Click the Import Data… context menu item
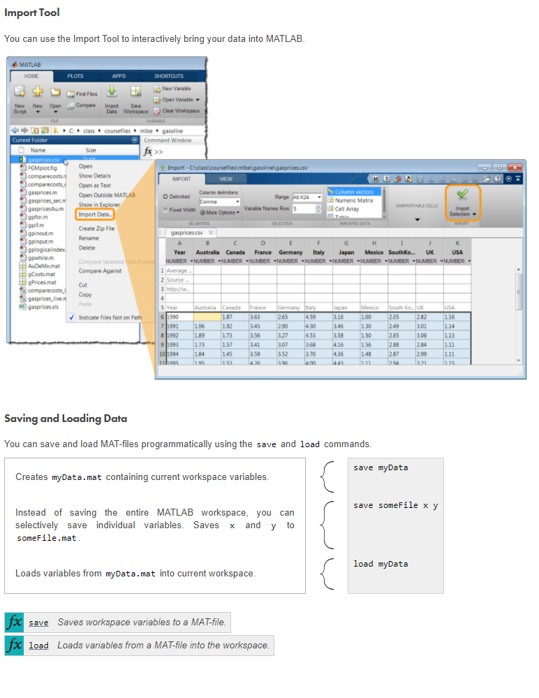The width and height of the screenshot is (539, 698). coord(94,215)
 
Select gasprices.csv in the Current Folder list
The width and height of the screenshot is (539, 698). coord(44,160)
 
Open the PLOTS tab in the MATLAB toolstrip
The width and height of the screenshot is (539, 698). coord(75,76)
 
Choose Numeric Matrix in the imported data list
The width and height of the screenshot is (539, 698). coord(354,201)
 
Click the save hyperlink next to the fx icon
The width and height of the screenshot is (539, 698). coord(38,623)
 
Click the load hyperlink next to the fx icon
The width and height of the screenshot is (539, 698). coord(38,646)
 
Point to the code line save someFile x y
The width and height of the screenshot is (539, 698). coord(395,505)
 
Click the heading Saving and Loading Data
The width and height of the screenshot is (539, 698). coord(66,419)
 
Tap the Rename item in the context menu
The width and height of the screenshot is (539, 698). coord(89,238)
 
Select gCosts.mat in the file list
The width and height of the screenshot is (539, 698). coord(42,275)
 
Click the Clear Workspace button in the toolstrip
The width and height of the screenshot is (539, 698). coord(180,110)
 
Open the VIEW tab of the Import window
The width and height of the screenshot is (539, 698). coord(227,180)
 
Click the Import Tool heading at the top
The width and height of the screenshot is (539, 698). coord(32,13)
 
